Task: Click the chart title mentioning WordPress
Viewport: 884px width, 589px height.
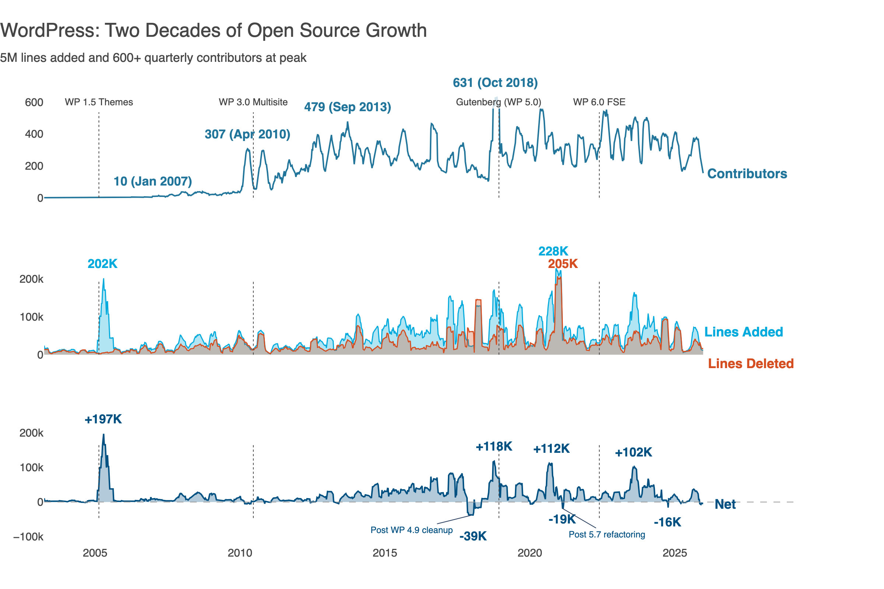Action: point(213,31)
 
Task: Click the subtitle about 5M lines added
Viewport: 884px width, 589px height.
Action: point(153,58)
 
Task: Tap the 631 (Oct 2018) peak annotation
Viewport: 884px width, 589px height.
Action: point(495,82)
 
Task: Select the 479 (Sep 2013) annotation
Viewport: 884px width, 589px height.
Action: point(347,107)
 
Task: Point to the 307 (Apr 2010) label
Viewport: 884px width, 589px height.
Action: point(247,134)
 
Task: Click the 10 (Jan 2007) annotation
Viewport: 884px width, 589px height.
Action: point(152,181)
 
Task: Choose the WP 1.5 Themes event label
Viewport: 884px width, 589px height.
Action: point(99,102)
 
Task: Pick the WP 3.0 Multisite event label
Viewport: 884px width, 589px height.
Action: point(253,102)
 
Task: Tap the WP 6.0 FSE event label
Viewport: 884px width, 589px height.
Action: point(599,102)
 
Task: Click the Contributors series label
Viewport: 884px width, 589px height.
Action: point(747,174)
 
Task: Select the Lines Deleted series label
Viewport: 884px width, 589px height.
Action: point(751,364)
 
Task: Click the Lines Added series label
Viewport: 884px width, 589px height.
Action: point(743,332)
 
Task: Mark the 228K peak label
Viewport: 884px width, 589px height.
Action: point(553,251)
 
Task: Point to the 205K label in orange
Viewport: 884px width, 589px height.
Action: point(563,264)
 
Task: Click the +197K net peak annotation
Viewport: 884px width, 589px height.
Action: point(103,419)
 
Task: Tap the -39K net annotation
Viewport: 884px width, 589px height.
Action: point(473,536)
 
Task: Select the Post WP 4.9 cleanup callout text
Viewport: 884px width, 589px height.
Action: point(411,530)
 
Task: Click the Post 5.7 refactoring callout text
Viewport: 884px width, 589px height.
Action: point(607,535)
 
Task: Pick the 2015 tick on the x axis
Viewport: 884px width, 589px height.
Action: point(385,553)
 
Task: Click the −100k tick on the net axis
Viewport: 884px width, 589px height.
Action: point(28,537)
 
